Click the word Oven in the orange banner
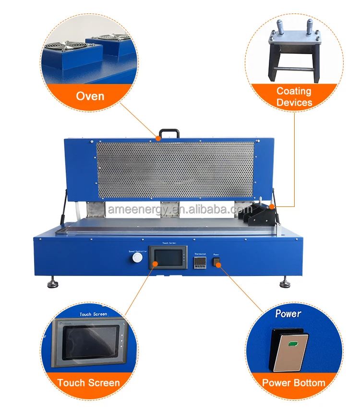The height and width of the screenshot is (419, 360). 90,96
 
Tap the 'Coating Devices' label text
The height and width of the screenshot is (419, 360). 294,96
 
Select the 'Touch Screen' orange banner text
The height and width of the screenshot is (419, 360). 88,383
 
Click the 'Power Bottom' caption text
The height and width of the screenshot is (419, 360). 293,383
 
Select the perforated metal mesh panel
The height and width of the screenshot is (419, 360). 175,170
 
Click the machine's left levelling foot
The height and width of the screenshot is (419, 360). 53,283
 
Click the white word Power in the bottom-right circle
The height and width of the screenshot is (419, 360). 288,314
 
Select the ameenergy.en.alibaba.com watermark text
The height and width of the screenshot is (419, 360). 180,210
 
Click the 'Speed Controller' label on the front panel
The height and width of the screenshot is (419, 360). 137,251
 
